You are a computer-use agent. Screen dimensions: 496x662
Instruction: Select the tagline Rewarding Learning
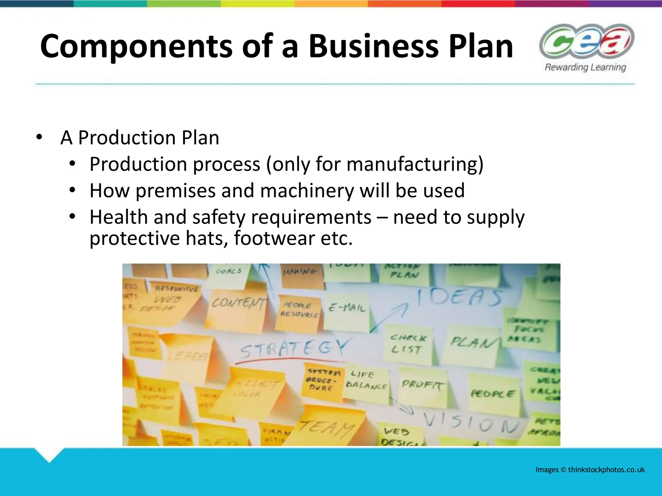pos(585,67)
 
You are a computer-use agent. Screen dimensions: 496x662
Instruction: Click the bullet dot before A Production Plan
pos(39,137)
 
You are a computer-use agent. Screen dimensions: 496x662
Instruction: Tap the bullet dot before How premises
pos(72,190)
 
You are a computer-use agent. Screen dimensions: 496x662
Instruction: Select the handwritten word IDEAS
pos(459,297)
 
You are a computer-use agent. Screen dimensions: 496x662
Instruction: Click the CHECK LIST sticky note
pos(408,344)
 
